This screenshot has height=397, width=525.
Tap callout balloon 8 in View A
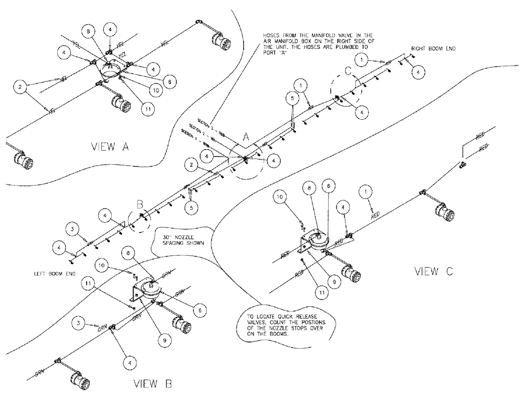[89, 33]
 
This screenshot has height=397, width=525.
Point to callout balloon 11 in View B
[90, 284]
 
